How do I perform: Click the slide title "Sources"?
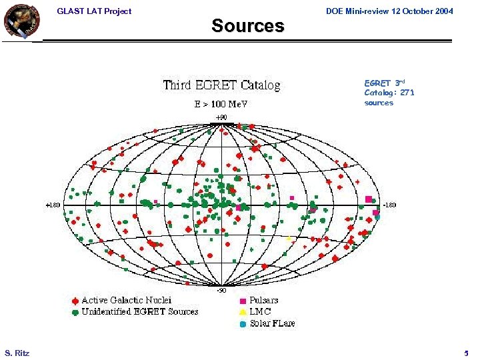pos(247,26)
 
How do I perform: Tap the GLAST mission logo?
pos(21,21)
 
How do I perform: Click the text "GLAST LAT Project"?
pos(94,11)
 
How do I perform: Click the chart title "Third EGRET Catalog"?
pos(222,85)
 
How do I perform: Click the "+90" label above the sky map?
pos(221,117)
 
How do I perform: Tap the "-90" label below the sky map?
pos(221,290)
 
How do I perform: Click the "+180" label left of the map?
pos(53,205)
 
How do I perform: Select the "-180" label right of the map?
pos(389,205)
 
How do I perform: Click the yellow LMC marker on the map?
pos(289,239)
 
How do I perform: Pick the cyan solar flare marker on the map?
pos(377,217)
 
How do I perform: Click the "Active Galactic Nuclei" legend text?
pos(127,300)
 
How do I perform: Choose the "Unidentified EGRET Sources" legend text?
pos(140,311)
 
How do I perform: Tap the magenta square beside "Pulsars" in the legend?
pos(243,301)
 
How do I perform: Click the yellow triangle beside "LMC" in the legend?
pos(243,312)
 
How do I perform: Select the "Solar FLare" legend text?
pos(272,323)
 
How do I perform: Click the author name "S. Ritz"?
pos(17,352)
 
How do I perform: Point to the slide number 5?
pos(466,352)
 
